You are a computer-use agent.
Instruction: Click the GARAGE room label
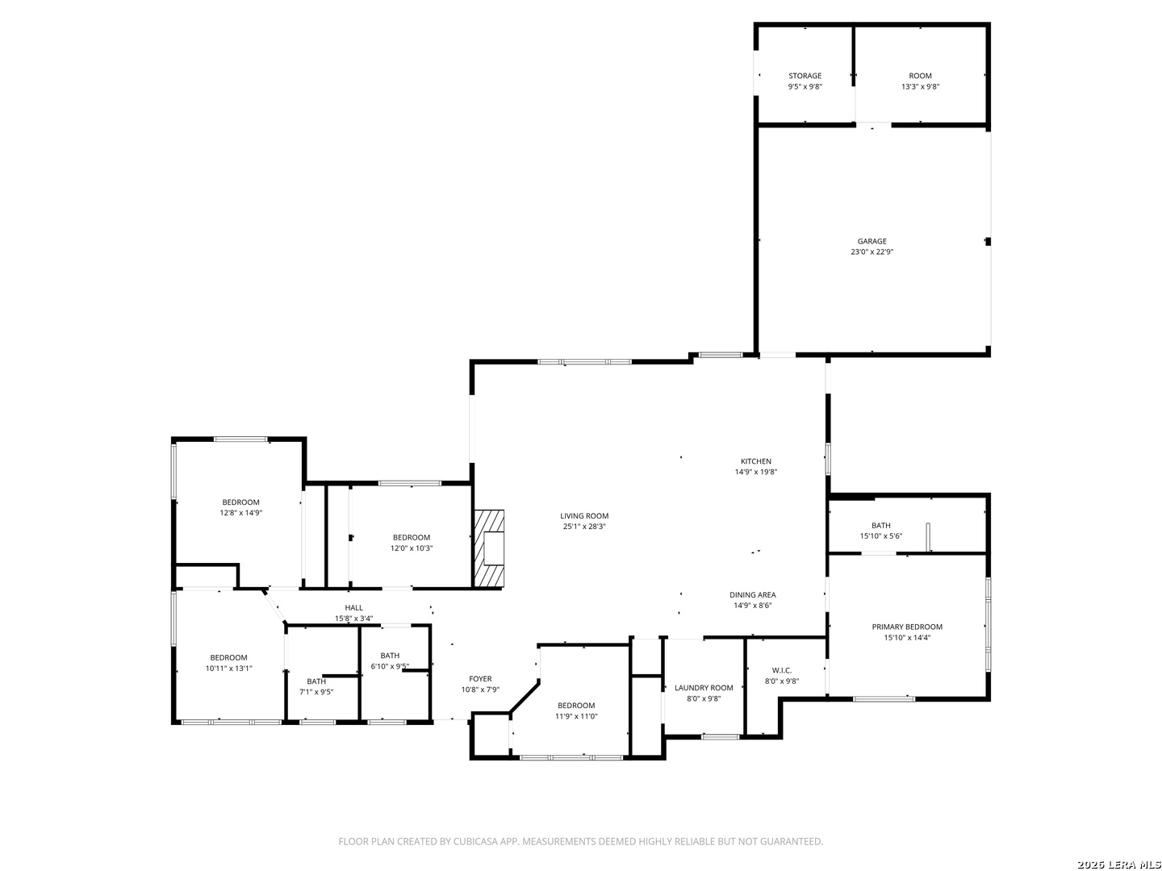[x=871, y=241]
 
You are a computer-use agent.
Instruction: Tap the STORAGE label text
[x=805, y=76]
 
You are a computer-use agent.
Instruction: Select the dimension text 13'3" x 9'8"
[x=920, y=86]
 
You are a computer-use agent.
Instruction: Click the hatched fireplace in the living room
[x=489, y=548]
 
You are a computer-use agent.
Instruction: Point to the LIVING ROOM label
[x=584, y=515]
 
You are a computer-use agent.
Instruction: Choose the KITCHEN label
[x=755, y=461]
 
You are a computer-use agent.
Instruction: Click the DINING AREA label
[x=752, y=594]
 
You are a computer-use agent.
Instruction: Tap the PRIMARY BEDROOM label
[x=907, y=627]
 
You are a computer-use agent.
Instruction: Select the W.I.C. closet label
[x=781, y=670]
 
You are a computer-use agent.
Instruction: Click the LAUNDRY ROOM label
[x=704, y=687]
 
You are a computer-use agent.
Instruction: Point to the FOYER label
[x=480, y=678]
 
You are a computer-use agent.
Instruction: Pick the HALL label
[x=353, y=607]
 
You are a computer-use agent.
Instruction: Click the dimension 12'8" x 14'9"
[x=240, y=512]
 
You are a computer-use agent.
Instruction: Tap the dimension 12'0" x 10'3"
[x=412, y=548]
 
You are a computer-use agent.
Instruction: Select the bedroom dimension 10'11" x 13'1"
[x=228, y=668]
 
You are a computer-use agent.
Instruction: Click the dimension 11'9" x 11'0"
[x=576, y=716]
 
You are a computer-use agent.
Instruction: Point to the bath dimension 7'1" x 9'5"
[x=316, y=692]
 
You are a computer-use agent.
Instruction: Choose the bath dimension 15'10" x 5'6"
[x=881, y=536]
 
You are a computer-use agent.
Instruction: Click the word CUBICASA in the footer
[x=475, y=841]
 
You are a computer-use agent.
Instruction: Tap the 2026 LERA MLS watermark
[x=1119, y=865]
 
